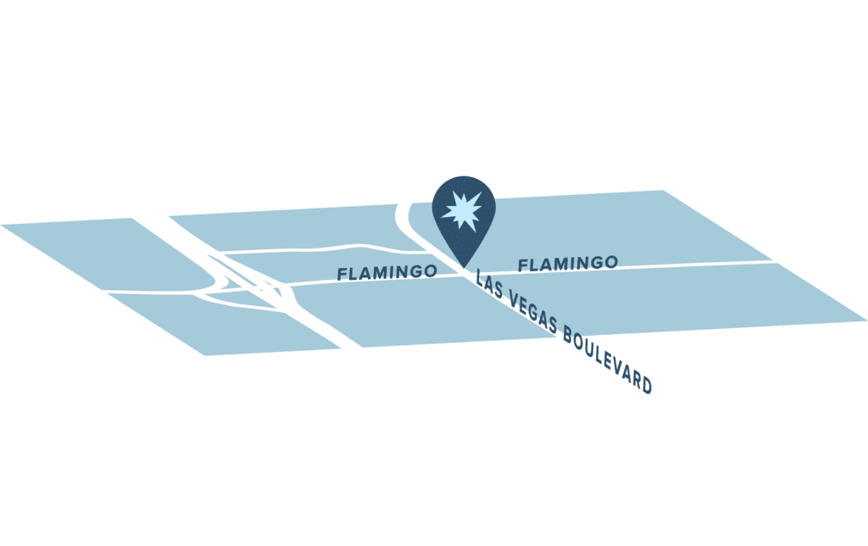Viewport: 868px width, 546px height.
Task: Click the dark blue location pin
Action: tap(464, 216)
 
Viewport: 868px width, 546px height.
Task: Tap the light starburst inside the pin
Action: tap(462, 210)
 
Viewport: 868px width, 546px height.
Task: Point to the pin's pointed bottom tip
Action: tap(464, 268)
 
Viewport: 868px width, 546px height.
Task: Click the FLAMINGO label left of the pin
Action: tap(387, 272)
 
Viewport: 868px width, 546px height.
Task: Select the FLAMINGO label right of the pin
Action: tap(568, 264)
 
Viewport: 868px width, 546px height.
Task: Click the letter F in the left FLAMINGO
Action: tap(343, 274)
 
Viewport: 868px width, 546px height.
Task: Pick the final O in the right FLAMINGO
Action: tap(610, 261)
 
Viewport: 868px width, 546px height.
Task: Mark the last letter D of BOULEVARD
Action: tap(646, 384)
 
